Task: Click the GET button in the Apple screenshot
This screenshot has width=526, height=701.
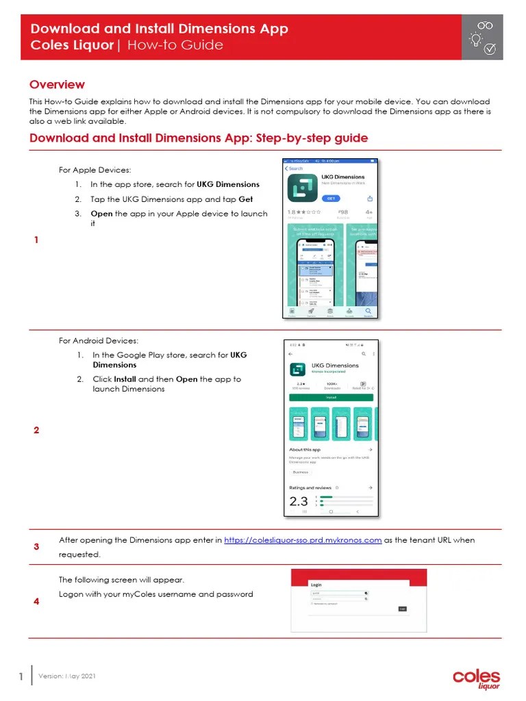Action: pyautogui.click(x=331, y=198)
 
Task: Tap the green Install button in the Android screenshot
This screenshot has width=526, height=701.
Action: pyautogui.click(x=331, y=396)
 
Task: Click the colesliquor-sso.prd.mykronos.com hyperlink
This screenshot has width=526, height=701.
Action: pyautogui.click(x=303, y=540)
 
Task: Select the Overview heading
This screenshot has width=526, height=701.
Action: pyautogui.click(x=57, y=85)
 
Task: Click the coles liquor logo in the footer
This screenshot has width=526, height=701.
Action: pyautogui.click(x=476, y=678)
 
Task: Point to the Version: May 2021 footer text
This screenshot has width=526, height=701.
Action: pyautogui.click(x=72, y=676)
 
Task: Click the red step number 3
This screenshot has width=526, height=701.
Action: pyautogui.click(x=36, y=547)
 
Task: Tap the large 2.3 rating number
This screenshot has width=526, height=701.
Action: pyautogui.click(x=299, y=501)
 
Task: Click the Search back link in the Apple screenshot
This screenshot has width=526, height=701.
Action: pyautogui.click(x=294, y=168)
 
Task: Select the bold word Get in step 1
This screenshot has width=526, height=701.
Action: pyautogui.click(x=245, y=199)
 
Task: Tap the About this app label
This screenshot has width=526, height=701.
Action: pyautogui.click(x=305, y=450)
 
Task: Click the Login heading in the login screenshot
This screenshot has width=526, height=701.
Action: pyautogui.click(x=316, y=585)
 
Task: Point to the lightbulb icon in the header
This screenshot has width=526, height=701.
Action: pyautogui.click(x=474, y=40)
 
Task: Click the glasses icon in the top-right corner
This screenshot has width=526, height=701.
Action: pyautogui.click(x=485, y=25)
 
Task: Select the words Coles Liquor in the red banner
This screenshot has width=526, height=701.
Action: pyautogui.click(x=71, y=45)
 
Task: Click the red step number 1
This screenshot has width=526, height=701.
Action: pyautogui.click(x=36, y=240)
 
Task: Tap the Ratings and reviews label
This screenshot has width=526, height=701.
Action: pyautogui.click(x=311, y=487)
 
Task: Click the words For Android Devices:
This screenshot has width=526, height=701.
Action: pyautogui.click(x=99, y=340)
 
